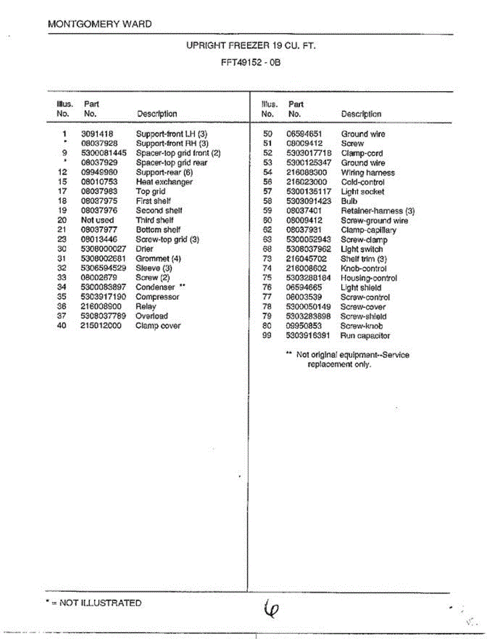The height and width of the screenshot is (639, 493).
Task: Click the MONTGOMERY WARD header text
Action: [x=99, y=24]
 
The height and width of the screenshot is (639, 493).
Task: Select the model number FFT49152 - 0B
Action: [x=250, y=62]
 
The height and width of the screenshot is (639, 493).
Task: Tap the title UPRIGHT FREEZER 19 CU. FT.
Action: [x=250, y=46]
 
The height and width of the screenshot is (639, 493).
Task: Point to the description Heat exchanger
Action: [x=164, y=182]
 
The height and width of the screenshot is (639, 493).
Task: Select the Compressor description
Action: [x=157, y=297]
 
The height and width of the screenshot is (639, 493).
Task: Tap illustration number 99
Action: [x=268, y=336]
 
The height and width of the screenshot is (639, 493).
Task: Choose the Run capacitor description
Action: [x=365, y=336]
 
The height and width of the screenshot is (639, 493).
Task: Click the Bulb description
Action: [x=349, y=201]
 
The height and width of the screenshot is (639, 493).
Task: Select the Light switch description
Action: [x=362, y=249]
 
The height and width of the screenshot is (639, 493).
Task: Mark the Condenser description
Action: [x=155, y=288]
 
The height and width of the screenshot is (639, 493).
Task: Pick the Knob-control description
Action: [x=364, y=268]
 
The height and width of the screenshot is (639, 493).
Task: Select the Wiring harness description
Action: [x=368, y=173]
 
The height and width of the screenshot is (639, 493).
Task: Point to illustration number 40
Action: [x=62, y=326]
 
